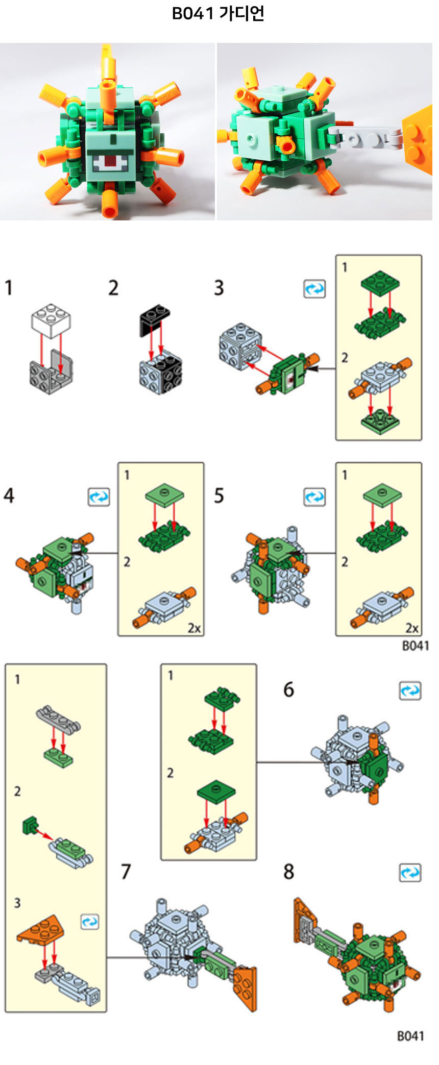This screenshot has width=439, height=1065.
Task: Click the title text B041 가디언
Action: point(218,13)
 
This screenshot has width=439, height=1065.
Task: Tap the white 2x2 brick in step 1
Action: point(51,320)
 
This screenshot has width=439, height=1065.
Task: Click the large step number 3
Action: point(219,288)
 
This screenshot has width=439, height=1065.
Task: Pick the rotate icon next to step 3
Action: point(314,289)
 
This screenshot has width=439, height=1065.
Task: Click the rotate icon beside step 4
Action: point(99,497)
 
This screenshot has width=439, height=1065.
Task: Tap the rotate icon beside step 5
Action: point(314,497)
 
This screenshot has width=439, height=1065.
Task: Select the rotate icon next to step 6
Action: point(410,691)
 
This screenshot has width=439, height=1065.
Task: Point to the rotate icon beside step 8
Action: point(410,873)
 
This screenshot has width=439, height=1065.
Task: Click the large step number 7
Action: point(126,872)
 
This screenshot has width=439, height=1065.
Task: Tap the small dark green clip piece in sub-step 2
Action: point(30,825)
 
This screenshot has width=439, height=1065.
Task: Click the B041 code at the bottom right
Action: point(410,1036)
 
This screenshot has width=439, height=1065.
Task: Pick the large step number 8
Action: point(289,872)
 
